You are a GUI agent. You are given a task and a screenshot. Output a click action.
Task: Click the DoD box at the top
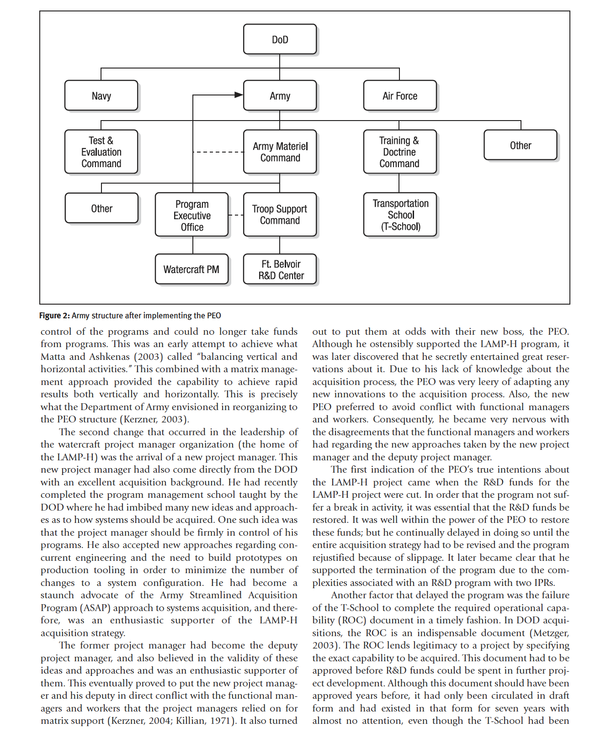point(280,39)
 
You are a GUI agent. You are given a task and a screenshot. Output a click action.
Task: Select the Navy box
point(101,95)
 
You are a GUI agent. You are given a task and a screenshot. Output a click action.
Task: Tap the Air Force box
point(400,95)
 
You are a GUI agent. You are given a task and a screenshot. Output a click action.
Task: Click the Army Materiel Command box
point(280,152)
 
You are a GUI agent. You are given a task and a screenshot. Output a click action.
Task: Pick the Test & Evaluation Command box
point(101,152)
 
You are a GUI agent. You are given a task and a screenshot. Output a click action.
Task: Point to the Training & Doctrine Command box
point(400,152)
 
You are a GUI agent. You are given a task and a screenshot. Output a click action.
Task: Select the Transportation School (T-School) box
point(400,215)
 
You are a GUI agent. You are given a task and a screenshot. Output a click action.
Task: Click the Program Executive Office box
point(191,215)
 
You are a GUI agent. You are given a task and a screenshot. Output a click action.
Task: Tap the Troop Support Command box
point(280,215)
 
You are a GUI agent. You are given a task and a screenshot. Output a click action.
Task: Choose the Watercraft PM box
point(191,269)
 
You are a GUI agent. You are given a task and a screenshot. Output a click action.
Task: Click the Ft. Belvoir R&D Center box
point(280,269)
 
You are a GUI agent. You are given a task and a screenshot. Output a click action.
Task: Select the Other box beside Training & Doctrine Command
point(520,145)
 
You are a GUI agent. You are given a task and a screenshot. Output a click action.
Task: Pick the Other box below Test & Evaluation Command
point(101,208)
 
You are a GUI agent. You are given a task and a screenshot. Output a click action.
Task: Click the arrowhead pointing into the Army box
point(239,95)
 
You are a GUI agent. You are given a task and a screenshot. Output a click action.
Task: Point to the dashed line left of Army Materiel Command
point(218,152)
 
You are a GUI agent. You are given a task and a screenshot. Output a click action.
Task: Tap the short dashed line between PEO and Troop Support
point(236,215)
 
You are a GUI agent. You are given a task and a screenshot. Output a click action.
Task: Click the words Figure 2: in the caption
point(54,316)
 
